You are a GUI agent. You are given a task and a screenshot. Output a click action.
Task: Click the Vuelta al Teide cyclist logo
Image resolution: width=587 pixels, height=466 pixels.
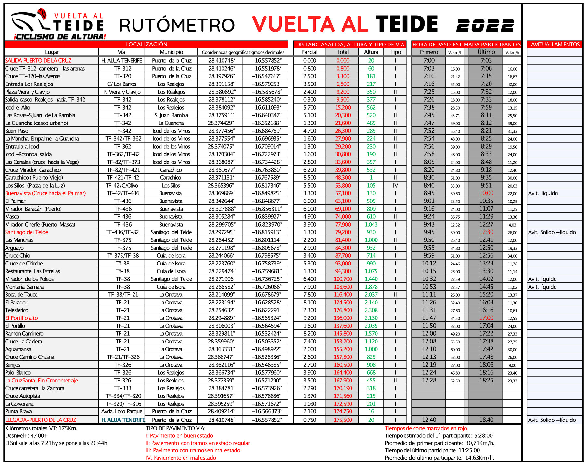[57, 24]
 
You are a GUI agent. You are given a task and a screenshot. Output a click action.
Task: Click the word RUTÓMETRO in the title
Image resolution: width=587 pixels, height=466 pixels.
[177, 25]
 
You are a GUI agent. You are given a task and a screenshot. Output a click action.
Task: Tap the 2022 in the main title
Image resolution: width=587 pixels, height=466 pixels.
[485, 25]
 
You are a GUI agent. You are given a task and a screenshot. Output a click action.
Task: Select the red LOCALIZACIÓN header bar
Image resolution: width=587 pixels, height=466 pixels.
[146, 45]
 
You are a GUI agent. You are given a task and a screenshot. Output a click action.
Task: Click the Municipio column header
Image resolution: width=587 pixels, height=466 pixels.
[171, 52]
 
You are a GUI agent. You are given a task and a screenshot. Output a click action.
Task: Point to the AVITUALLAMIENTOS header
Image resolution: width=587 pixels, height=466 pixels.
[555, 45]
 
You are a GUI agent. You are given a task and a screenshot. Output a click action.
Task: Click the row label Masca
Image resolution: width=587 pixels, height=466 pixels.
[12, 217]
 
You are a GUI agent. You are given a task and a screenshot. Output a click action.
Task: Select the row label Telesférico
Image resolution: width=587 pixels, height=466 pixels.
[17, 310]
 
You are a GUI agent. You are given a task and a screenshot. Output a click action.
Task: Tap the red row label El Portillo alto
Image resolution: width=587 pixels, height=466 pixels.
[21, 318]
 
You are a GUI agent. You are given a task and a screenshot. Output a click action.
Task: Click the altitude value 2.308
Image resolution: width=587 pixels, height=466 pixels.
[371, 310]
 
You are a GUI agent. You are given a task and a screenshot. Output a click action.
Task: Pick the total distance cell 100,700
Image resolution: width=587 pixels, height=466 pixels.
[343, 279]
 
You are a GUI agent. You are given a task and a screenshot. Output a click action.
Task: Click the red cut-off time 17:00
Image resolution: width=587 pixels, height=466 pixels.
[486, 318]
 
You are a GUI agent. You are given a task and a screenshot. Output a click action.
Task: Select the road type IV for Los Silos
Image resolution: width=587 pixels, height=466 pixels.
[395, 186]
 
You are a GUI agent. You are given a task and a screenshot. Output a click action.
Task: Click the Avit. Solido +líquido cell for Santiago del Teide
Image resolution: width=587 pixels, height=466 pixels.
[552, 232]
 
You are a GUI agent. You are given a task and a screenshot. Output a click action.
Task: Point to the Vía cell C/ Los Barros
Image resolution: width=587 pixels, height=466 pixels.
[121, 84]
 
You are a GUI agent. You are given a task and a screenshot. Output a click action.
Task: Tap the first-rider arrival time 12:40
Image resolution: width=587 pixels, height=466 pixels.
[429, 420]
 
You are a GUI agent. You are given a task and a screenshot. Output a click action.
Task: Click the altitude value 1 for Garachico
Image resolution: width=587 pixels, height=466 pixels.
[371, 178]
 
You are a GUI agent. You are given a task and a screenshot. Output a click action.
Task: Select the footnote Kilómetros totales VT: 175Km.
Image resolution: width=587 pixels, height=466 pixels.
[41, 428]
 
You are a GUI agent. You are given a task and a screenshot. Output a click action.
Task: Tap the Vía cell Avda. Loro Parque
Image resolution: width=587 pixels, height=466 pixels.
[121, 411]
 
